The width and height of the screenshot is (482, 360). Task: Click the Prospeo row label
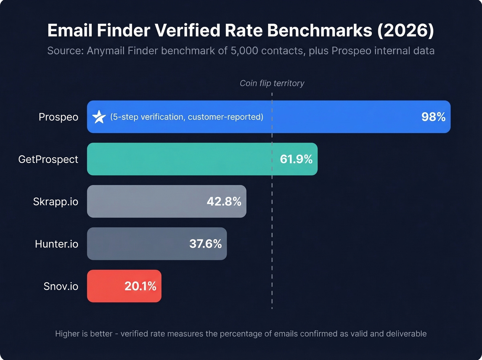pyautogui.click(x=59, y=117)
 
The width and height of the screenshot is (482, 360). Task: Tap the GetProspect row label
pyautogui.click(x=48, y=160)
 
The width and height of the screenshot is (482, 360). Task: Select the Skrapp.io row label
pyautogui.click(x=55, y=202)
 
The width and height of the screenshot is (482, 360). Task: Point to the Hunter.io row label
pyautogui.click(x=56, y=244)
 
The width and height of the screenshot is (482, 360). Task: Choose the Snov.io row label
pyautogui.click(x=61, y=286)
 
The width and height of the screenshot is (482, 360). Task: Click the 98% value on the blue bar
pyautogui.click(x=433, y=117)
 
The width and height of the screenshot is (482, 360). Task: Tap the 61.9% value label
pyautogui.click(x=296, y=159)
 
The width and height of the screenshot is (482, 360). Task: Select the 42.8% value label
pyautogui.click(x=224, y=202)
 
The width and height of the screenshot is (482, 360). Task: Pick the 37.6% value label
pyautogui.click(x=205, y=244)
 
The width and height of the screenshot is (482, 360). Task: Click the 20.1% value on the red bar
pyautogui.click(x=140, y=286)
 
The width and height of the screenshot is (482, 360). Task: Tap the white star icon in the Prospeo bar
pyautogui.click(x=99, y=117)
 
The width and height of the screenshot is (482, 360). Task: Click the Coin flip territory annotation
pyautogui.click(x=272, y=83)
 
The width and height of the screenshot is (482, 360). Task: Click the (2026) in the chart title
pyautogui.click(x=406, y=30)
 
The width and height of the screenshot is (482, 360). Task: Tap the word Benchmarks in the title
pyautogui.click(x=319, y=30)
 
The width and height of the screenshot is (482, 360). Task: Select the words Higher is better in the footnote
pyautogui.click(x=84, y=334)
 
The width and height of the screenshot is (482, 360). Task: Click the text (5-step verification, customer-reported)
pyautogui.click(x=187, y=117)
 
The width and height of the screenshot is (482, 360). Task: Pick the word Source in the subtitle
pyautogui.click(x=64, y=51)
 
